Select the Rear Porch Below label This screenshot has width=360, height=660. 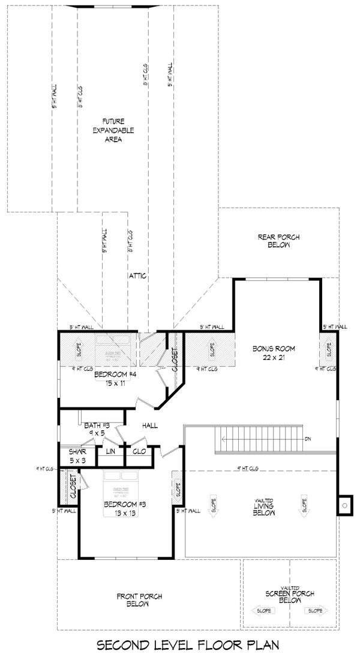(279, 241)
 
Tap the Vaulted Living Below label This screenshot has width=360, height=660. (260, 505)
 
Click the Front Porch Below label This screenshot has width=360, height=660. (137, 599)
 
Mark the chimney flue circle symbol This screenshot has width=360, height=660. (345, 505)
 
